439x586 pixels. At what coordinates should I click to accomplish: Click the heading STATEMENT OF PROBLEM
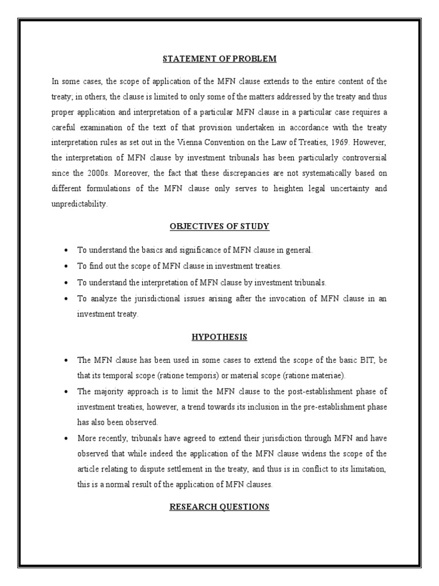point(219,59)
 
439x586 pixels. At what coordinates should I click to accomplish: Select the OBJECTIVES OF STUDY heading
point(219,227)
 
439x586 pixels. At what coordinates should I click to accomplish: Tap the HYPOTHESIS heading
point(219,337)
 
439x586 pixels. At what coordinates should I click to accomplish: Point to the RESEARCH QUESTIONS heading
point(219,506)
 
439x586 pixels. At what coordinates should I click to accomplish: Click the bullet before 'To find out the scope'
point(67,267)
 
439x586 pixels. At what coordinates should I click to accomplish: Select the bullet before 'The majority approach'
point(67,391)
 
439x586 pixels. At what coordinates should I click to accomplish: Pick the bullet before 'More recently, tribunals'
point(67,438)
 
